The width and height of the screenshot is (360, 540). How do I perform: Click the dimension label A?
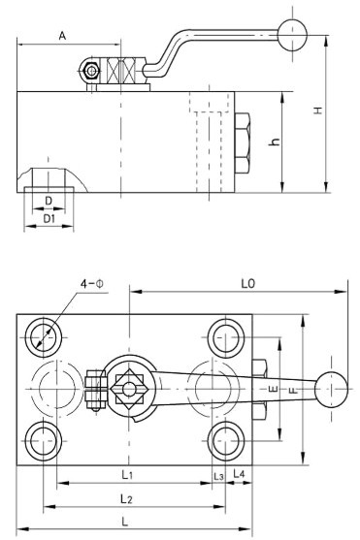pos(62,36)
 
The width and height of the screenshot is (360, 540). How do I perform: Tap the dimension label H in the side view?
pos(318,111)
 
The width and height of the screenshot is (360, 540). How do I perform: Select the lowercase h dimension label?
pos(275,142)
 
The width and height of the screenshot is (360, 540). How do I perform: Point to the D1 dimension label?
pos(49,218)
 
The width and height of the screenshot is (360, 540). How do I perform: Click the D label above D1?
pos(49,201)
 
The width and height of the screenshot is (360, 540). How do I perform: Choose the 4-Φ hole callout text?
pos(92,284)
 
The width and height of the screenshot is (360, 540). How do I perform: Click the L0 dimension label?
pos(247,283)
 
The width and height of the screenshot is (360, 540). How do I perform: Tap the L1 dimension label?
pos(127,475)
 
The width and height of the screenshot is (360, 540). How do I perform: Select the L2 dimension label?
pos(126,498)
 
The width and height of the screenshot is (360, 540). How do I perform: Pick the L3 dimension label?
pos(218,477)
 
